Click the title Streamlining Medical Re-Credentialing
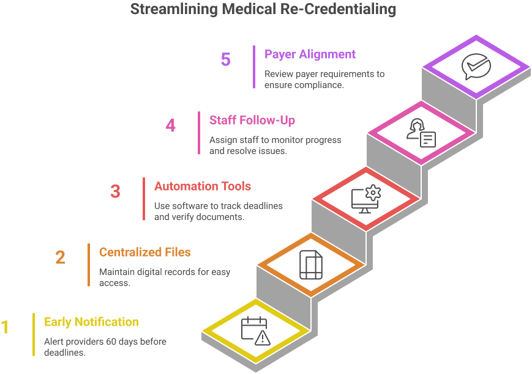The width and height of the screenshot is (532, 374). [x=263, y=10]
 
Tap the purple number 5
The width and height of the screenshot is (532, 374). [x=226, y=60]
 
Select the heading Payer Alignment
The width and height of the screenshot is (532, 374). [x=310, y=54]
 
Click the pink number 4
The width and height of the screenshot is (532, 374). [x=170, y=126]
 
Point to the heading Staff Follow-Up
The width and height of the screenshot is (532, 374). [x=252, y=120]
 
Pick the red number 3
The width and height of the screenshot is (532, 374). [x=115, y=192]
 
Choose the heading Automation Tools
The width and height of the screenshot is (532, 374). [x=203, y=186]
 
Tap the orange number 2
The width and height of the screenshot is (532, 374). [x=60, y=258]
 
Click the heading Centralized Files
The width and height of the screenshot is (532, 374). [x=145, y=252]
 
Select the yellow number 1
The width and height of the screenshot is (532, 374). [x=5, y=328]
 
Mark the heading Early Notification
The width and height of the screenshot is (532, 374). [x=91, y=322]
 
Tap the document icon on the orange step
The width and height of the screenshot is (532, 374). [x=310, y=265]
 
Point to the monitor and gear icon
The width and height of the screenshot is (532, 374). [x=365, y=200]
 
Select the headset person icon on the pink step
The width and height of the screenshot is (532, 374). [x=421, y=133]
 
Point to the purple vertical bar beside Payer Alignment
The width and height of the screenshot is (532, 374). [x=253, y=67]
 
